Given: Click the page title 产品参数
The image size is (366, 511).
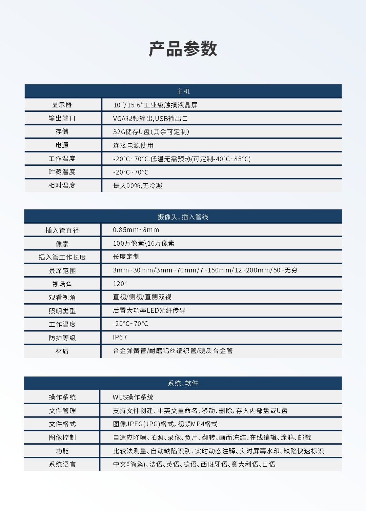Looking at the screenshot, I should click(x=183, y=49).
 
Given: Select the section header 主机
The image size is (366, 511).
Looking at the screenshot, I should click(x=183, y=91).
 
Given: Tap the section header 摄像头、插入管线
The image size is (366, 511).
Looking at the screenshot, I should click(x=183, y=217).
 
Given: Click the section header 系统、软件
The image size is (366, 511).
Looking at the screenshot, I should click(x=183, y=383).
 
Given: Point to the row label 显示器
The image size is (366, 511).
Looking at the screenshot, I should click(x=62, y=105).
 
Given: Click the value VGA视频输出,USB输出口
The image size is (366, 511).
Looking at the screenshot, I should click(x=150, y=119).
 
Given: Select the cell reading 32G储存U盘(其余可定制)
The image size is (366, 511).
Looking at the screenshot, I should click(x=151, y=132).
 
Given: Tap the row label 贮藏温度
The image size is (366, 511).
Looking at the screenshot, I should click(x=62, y=172).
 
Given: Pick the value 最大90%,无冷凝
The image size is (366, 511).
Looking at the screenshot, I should click(x=138, y=186).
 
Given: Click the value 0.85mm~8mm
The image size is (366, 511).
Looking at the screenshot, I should click(x=136, y=230).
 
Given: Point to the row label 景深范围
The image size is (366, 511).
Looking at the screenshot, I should click(x=62, y=271).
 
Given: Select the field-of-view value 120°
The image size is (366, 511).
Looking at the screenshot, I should click(x=120, y=284).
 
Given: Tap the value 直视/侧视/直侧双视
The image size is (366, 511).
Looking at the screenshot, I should click(x=142, y=297).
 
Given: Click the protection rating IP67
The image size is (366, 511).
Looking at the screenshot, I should click(x=120, y=338).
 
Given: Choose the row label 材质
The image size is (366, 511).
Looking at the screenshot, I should click(x=62, y=351).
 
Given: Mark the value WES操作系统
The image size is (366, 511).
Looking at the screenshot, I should click(x=133, y=397).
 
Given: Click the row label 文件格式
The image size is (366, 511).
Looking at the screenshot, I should click(x=62, y=424).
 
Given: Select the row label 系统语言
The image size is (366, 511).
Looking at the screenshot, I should click(x=62, y=465).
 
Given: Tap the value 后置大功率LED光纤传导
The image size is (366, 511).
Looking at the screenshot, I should click(x=149, y=311).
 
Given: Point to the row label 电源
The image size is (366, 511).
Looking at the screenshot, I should click(x=62, y=145).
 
